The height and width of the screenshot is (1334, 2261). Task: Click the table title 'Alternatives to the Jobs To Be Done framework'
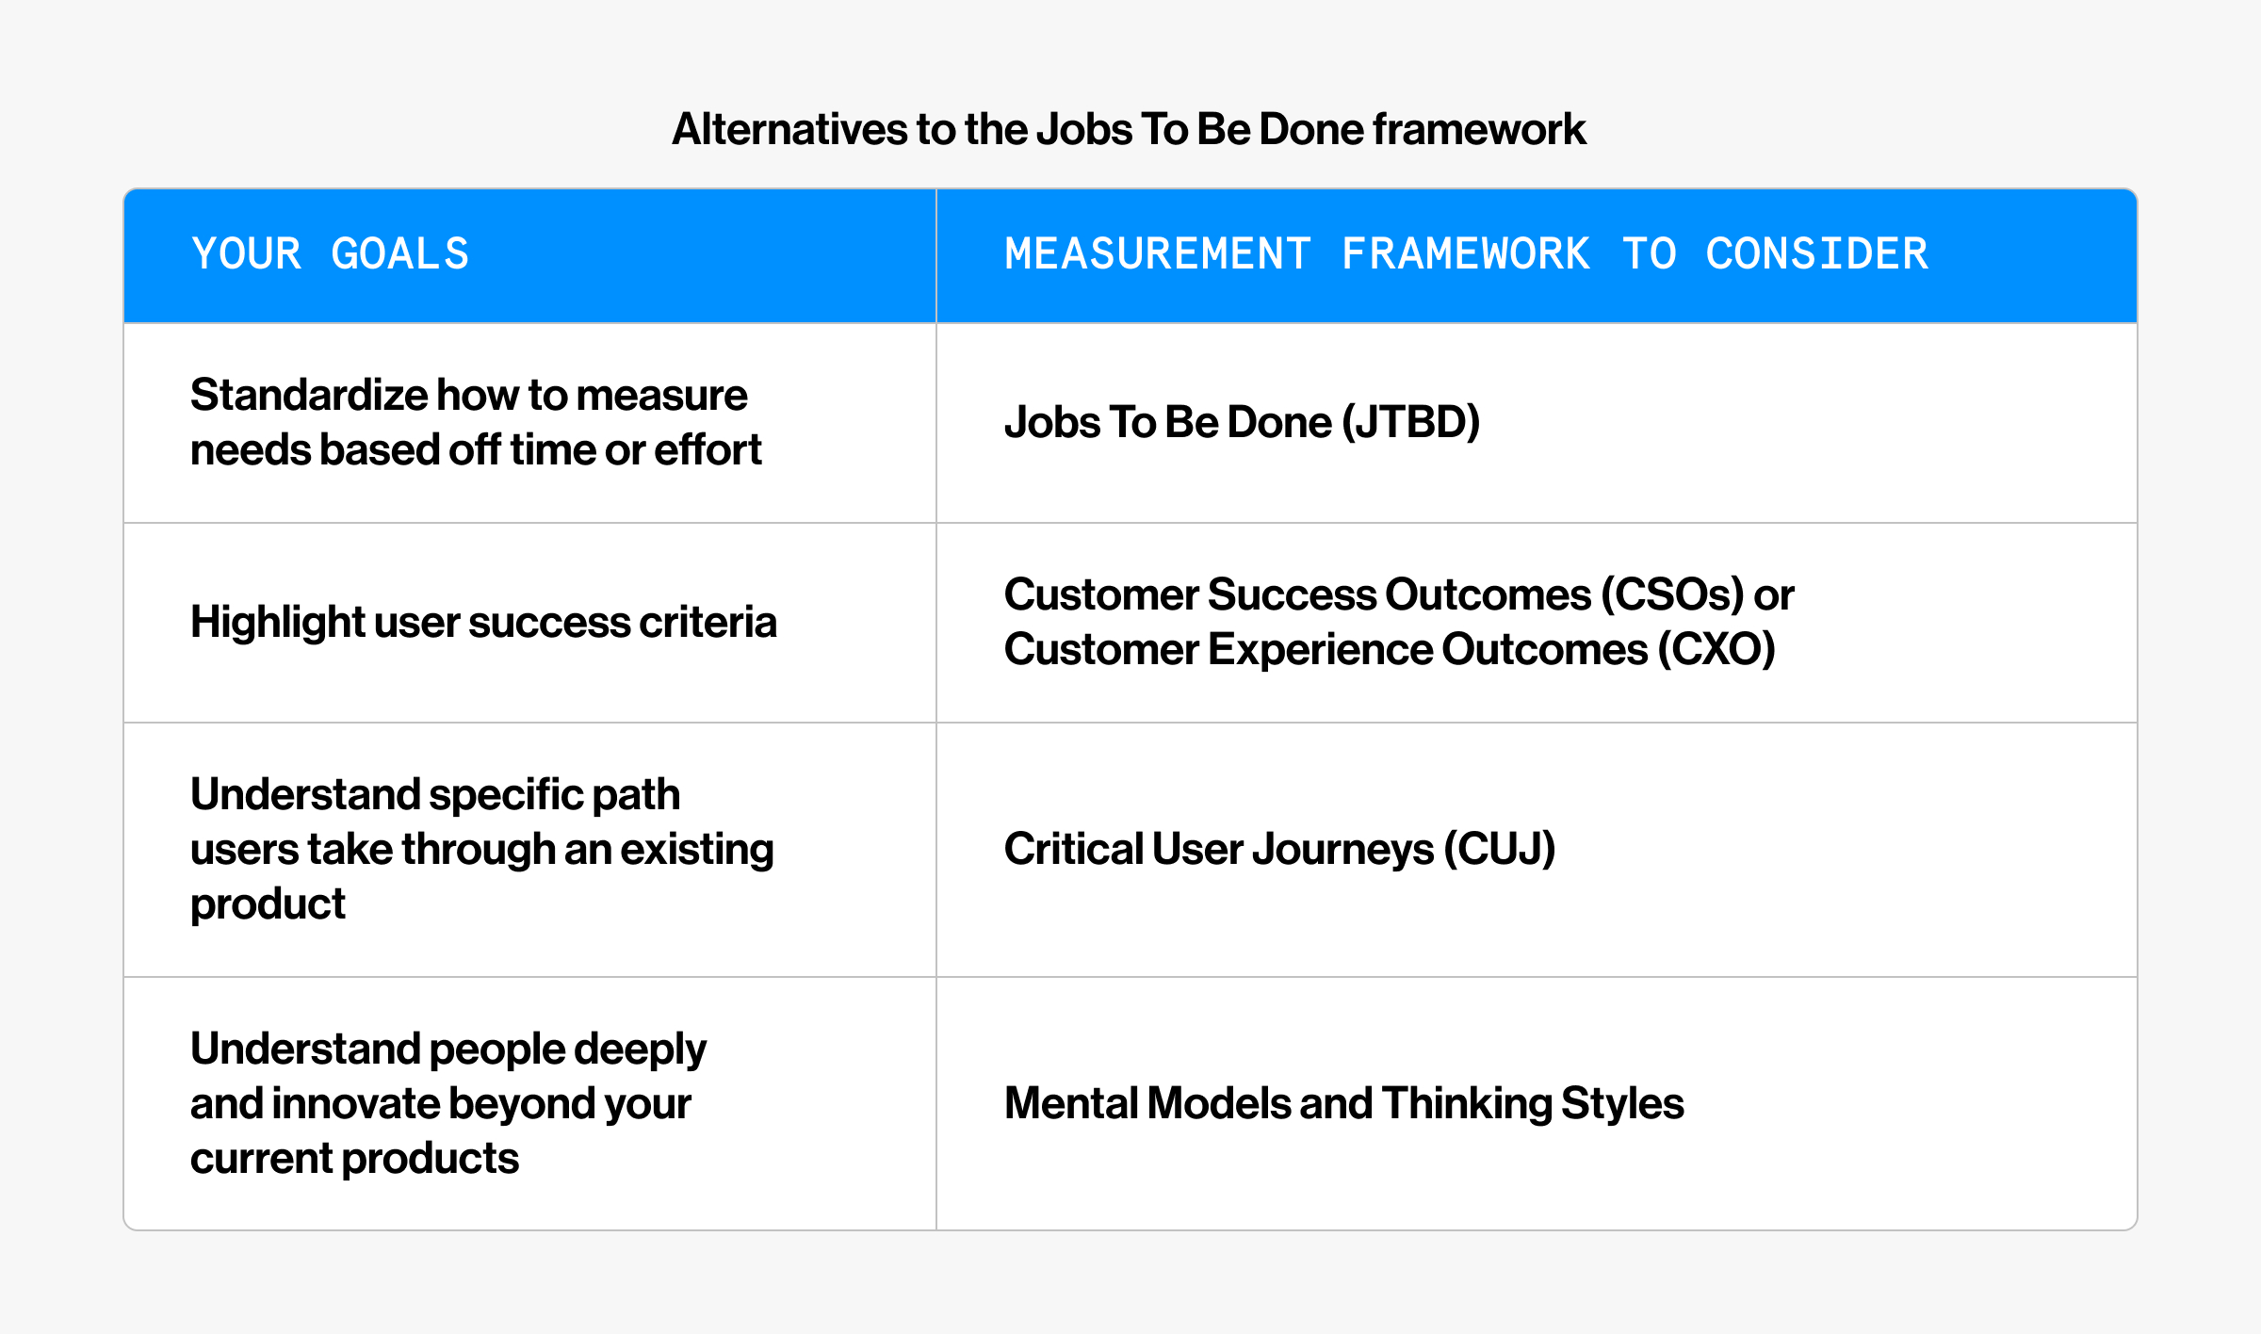pos(1129,129)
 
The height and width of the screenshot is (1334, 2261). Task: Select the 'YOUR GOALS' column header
pos(330,254)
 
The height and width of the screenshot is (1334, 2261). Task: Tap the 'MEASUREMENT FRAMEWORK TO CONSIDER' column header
pos(1466,254)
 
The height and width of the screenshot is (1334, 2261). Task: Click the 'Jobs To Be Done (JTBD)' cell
pos(1242,422)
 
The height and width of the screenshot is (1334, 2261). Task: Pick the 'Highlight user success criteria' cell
pos(483,622)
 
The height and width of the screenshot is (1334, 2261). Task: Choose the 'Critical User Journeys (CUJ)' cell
pos(1279,849)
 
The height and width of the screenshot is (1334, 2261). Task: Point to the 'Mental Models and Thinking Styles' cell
pos(1344,1103)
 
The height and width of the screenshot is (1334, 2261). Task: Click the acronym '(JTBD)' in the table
pos(1410,422)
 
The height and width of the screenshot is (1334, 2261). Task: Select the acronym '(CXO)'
pos(1716,649)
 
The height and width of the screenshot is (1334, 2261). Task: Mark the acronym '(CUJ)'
pos(1500,849)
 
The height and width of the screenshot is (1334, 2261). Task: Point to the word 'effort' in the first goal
pos(708,449)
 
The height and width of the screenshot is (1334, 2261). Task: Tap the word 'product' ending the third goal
pos(268,904)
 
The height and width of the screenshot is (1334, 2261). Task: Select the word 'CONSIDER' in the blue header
pos(1817,254)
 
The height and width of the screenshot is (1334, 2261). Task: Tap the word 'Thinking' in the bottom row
pos(1467,1103)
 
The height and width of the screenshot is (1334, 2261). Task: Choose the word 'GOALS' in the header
pos(400,254)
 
